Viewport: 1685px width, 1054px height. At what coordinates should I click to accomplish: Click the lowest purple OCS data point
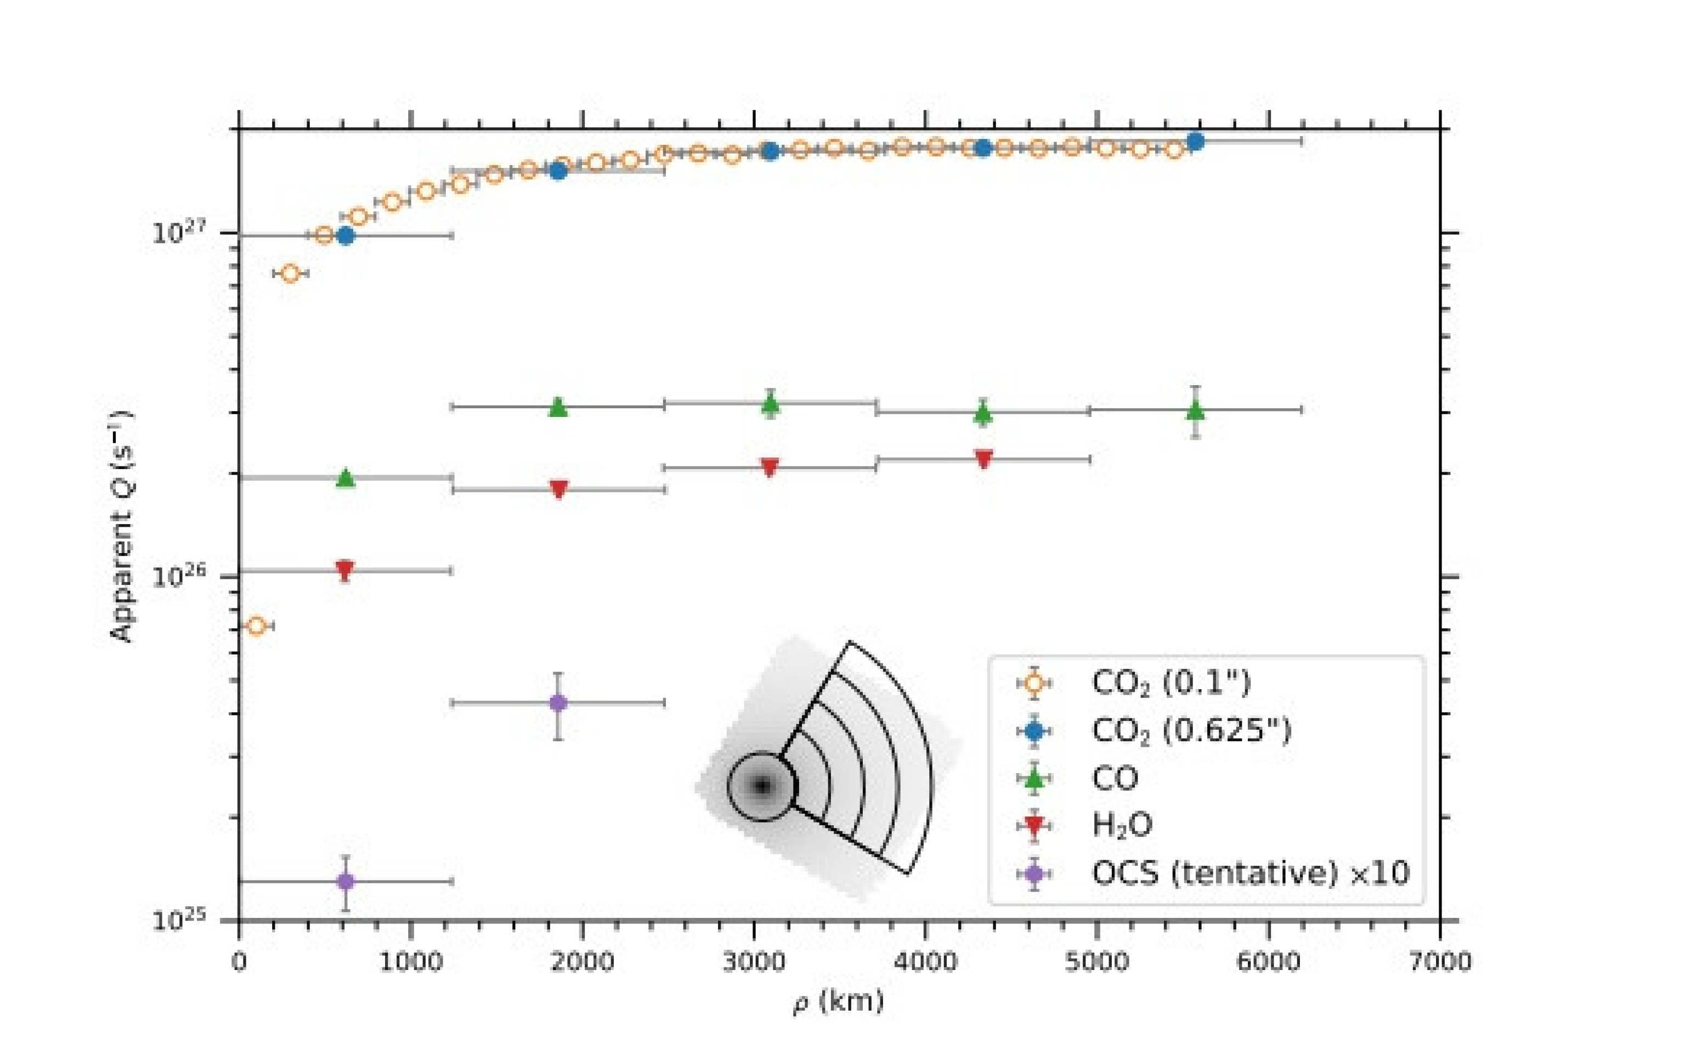pos(345,881)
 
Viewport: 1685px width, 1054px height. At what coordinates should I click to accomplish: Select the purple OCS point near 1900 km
pos(557,703)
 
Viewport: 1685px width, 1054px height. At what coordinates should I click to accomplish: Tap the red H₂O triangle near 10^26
pos(344,570)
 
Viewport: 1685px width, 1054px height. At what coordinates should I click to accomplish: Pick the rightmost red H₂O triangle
pos(983,459)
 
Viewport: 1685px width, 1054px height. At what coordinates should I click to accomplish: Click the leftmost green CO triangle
pos(345,478)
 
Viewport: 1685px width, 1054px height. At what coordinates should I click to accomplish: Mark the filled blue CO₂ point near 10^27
pos(345,235)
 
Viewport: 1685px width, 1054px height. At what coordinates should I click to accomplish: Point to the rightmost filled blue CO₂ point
pos(1195,142)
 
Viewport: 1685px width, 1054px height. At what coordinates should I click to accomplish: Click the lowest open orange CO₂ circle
pos(257,625)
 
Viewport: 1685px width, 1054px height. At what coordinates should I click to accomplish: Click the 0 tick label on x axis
pos(239,962)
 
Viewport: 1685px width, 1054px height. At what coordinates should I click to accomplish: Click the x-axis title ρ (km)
pos(838,1002)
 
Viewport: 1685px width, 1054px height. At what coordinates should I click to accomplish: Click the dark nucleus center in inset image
pos(762,786)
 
